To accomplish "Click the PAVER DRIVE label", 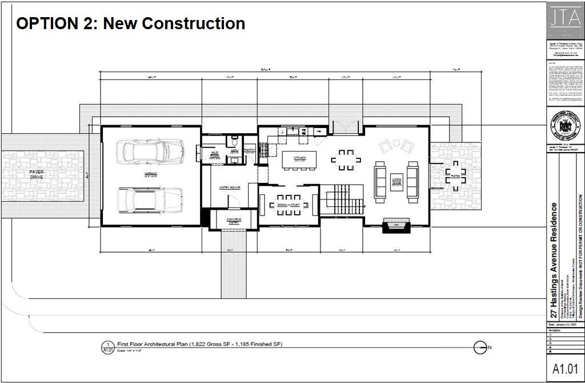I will click(x=37, y=174).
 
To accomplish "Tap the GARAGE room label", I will click(x=150, y=173).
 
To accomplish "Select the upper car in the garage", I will click(x=150, y=151).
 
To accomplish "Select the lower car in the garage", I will click(x=150, y=200).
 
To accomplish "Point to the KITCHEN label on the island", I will click(x=300, y=158).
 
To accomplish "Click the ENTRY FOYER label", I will click(x=230, y=187).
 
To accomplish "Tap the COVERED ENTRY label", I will click(x=234, y=221).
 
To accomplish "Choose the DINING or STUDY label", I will click(x=289, y=205).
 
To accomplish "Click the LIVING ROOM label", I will click(x=396, y=182).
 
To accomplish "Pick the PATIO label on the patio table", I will click(x=455, y=176).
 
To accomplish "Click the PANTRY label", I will click(x=250, y=150).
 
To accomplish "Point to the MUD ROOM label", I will click(x=215, y=154).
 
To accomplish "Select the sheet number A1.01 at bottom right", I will click(x=566, y=369).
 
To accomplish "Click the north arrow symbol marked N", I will click(x=482, y=346).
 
